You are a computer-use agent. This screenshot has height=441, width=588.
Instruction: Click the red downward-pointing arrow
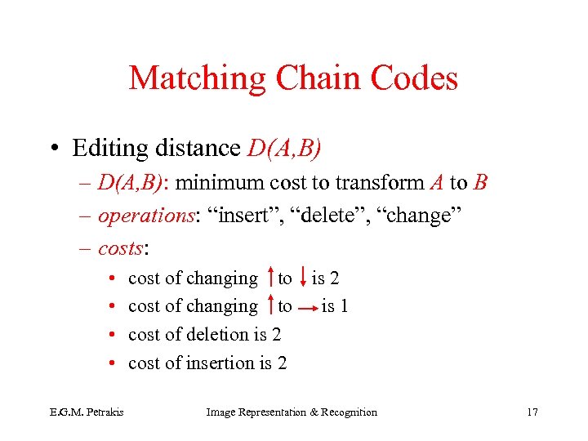point(303,278)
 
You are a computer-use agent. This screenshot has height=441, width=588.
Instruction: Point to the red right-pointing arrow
point(307,309)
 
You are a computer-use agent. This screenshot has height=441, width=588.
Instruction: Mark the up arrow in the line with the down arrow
point(269,278)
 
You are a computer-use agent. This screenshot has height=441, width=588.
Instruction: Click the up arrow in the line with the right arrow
point(269,306)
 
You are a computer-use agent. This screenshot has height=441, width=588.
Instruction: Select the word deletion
point(218,334)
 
